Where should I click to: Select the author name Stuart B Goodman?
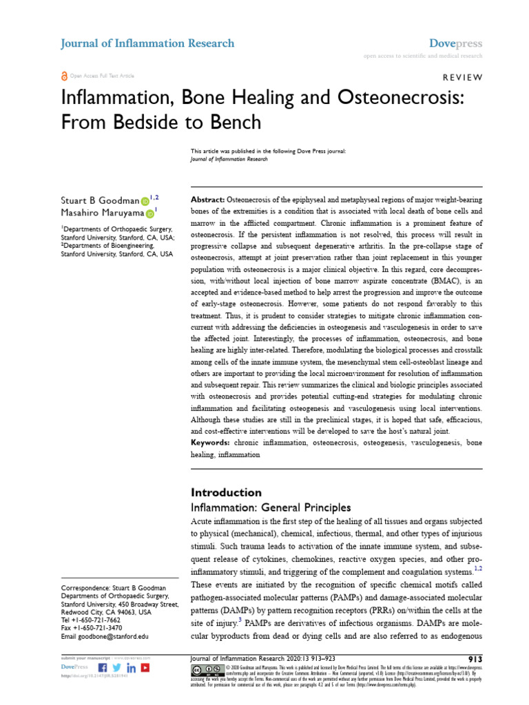point(100,200)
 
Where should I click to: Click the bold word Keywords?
point(211,444)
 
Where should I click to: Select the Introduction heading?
point(226,492)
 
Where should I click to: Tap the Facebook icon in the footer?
point(103,668)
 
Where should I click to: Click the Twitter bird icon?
point(117,668)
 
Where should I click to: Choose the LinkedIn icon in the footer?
point(131,668)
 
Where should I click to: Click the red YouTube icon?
point(145,668)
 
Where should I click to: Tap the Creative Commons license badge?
point(206,671)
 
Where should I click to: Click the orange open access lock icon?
point(65,76)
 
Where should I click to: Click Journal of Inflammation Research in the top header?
point(147,43)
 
